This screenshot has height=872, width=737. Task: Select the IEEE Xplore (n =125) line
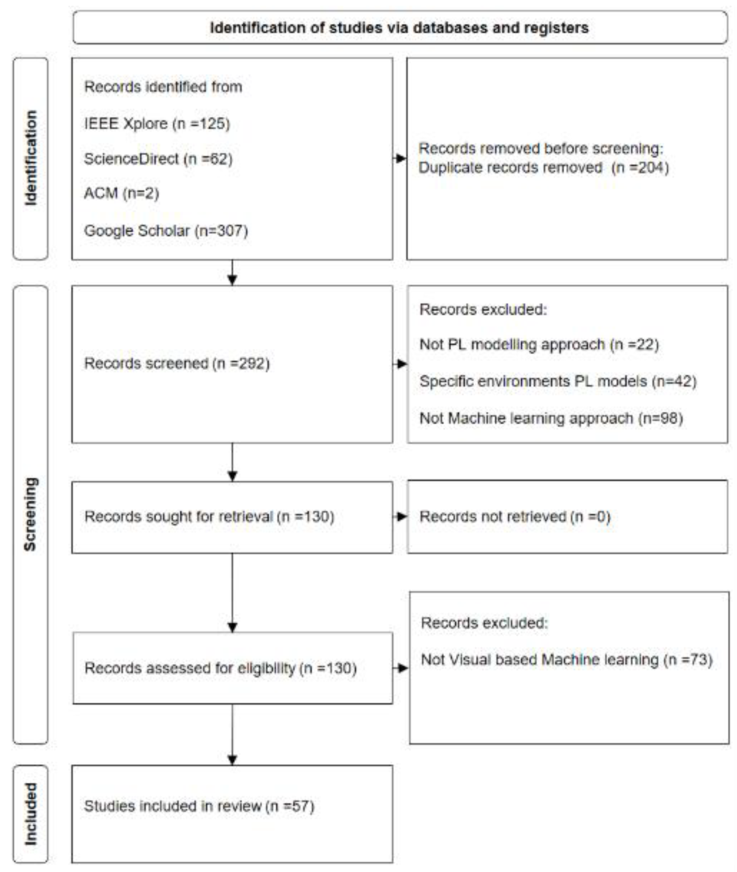coord(157,124)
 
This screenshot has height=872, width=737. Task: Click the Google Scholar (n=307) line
coord(166,231)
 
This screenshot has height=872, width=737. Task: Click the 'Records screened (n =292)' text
coord(177,363)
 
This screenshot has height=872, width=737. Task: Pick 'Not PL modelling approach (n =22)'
coord(539,345)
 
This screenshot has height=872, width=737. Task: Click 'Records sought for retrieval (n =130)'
coord(209,517)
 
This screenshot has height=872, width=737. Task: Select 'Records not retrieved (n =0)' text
coord(515,517)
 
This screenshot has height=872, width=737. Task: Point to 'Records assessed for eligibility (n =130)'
coord(220,668)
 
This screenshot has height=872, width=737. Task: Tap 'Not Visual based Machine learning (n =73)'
coord(566,660)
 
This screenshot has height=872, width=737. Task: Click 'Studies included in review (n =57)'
coord(199,806)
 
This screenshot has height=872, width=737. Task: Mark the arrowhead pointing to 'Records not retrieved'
coord(402,517)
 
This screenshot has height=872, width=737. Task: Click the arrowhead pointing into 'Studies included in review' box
coord(232,760)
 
